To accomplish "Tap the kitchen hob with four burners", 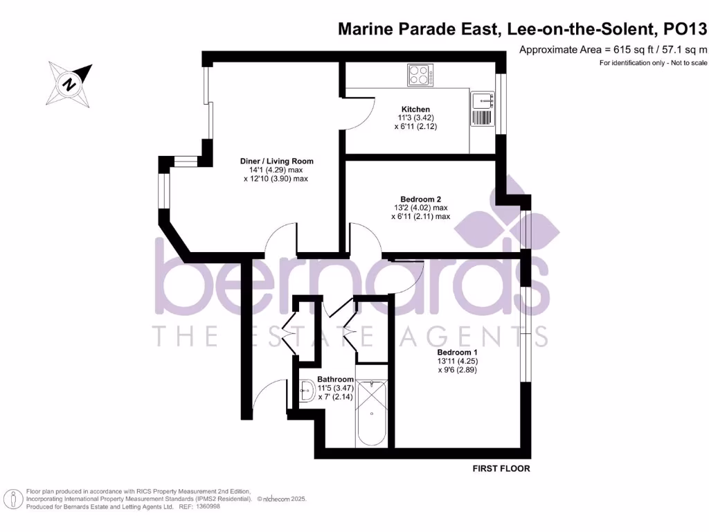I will click(420, 74).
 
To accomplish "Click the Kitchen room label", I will click(415, 109).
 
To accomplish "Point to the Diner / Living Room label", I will click(267, 161).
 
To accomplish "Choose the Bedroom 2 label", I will click(420, 198).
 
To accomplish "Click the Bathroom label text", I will click(335, 380).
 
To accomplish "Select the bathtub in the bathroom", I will click(373, 413).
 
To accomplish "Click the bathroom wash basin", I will click(307, 393).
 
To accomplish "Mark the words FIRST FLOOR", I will click(501, 469).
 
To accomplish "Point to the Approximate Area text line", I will click(613, 49).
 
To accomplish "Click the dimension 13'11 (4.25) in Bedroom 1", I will click(457, 361).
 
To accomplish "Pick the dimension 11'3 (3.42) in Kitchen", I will click(415, 118).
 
